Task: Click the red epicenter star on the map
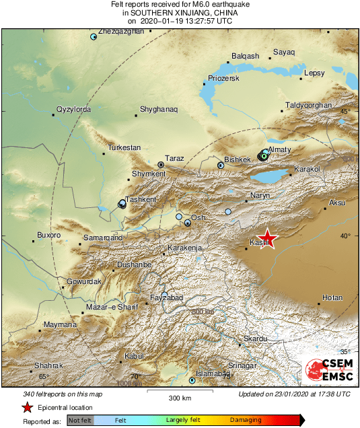[268, 238]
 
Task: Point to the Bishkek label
[237, 159]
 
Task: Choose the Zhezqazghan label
[121, 31]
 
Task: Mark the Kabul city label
[135, 355]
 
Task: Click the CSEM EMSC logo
[329, 371]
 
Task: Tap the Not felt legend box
[80, 420]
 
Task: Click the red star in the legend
[28, 407]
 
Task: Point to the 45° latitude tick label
[345, 111]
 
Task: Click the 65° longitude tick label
[43, 377]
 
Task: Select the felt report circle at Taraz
[161, 164]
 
